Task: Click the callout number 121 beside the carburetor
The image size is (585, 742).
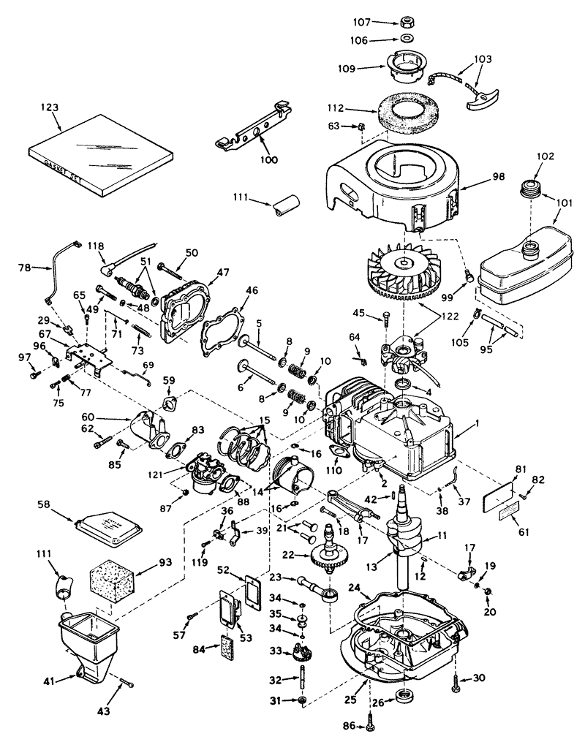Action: [x=174, y=474]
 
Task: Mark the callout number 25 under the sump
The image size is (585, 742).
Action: [x=350, y=700]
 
